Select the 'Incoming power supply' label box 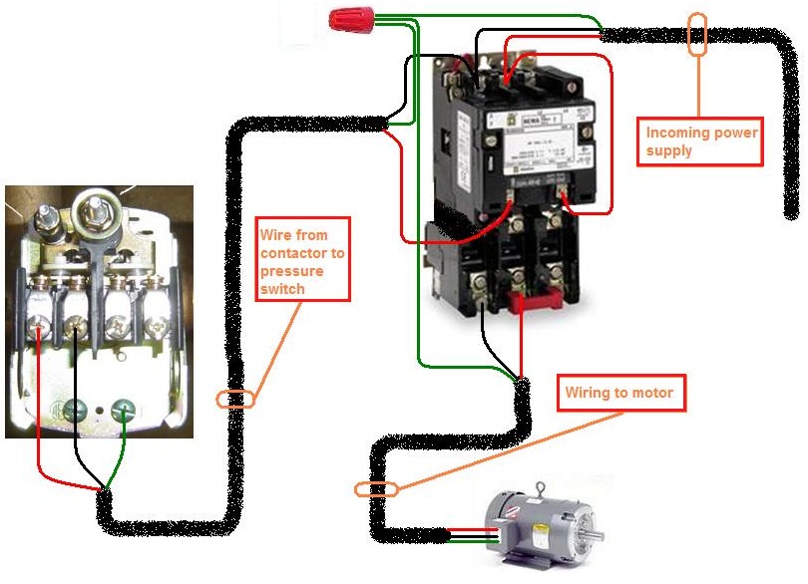pos(700,141)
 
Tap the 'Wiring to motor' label pos(619,394)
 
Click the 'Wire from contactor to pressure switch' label pos(302,259)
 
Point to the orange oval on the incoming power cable pos(697,35)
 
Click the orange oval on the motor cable pos(376,489)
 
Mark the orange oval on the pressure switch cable pos(235,399)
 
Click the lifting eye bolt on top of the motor pos(541,489)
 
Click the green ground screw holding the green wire pos(124,408)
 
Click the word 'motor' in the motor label pos(650,394)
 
